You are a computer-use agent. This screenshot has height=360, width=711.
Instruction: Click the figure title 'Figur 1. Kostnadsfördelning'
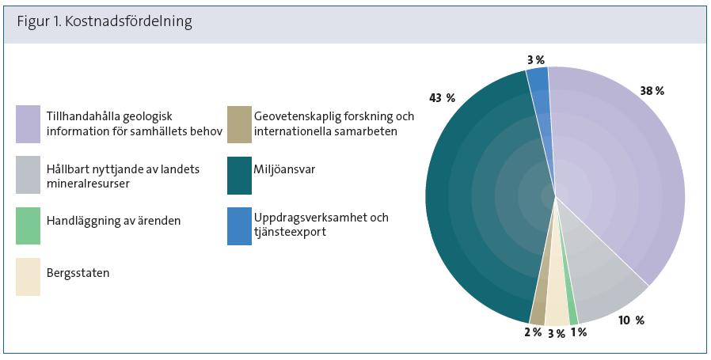click(x=105, y=22)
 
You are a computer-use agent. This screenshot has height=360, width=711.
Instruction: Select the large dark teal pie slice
click(x=485, y=195)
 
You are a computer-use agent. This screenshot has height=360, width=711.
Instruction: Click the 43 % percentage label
click(x=442, y=98)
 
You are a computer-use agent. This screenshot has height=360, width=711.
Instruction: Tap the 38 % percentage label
click(x=652, y=91)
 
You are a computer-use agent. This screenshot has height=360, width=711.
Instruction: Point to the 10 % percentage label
click(x=631, y=320)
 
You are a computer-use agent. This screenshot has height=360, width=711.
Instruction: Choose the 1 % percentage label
click(x=579, y=332)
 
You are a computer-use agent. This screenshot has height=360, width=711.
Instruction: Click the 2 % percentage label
click(x=533, y=332)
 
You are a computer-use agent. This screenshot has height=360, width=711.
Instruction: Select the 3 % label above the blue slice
click(x=535, y=60)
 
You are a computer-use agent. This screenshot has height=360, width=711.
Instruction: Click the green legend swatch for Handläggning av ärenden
click(x=29, y=225)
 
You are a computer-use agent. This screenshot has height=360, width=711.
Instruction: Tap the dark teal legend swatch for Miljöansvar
click(x=239, y=176)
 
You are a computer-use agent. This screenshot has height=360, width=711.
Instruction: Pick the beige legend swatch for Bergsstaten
click(x=29, y=277)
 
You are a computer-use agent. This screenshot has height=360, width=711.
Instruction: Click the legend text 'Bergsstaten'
click(x=78, y=273)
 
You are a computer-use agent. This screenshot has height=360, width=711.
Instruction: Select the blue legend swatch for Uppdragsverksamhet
click(x=239, y=226)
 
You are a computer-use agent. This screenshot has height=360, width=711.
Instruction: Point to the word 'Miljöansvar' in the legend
click(x=284, y=170)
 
